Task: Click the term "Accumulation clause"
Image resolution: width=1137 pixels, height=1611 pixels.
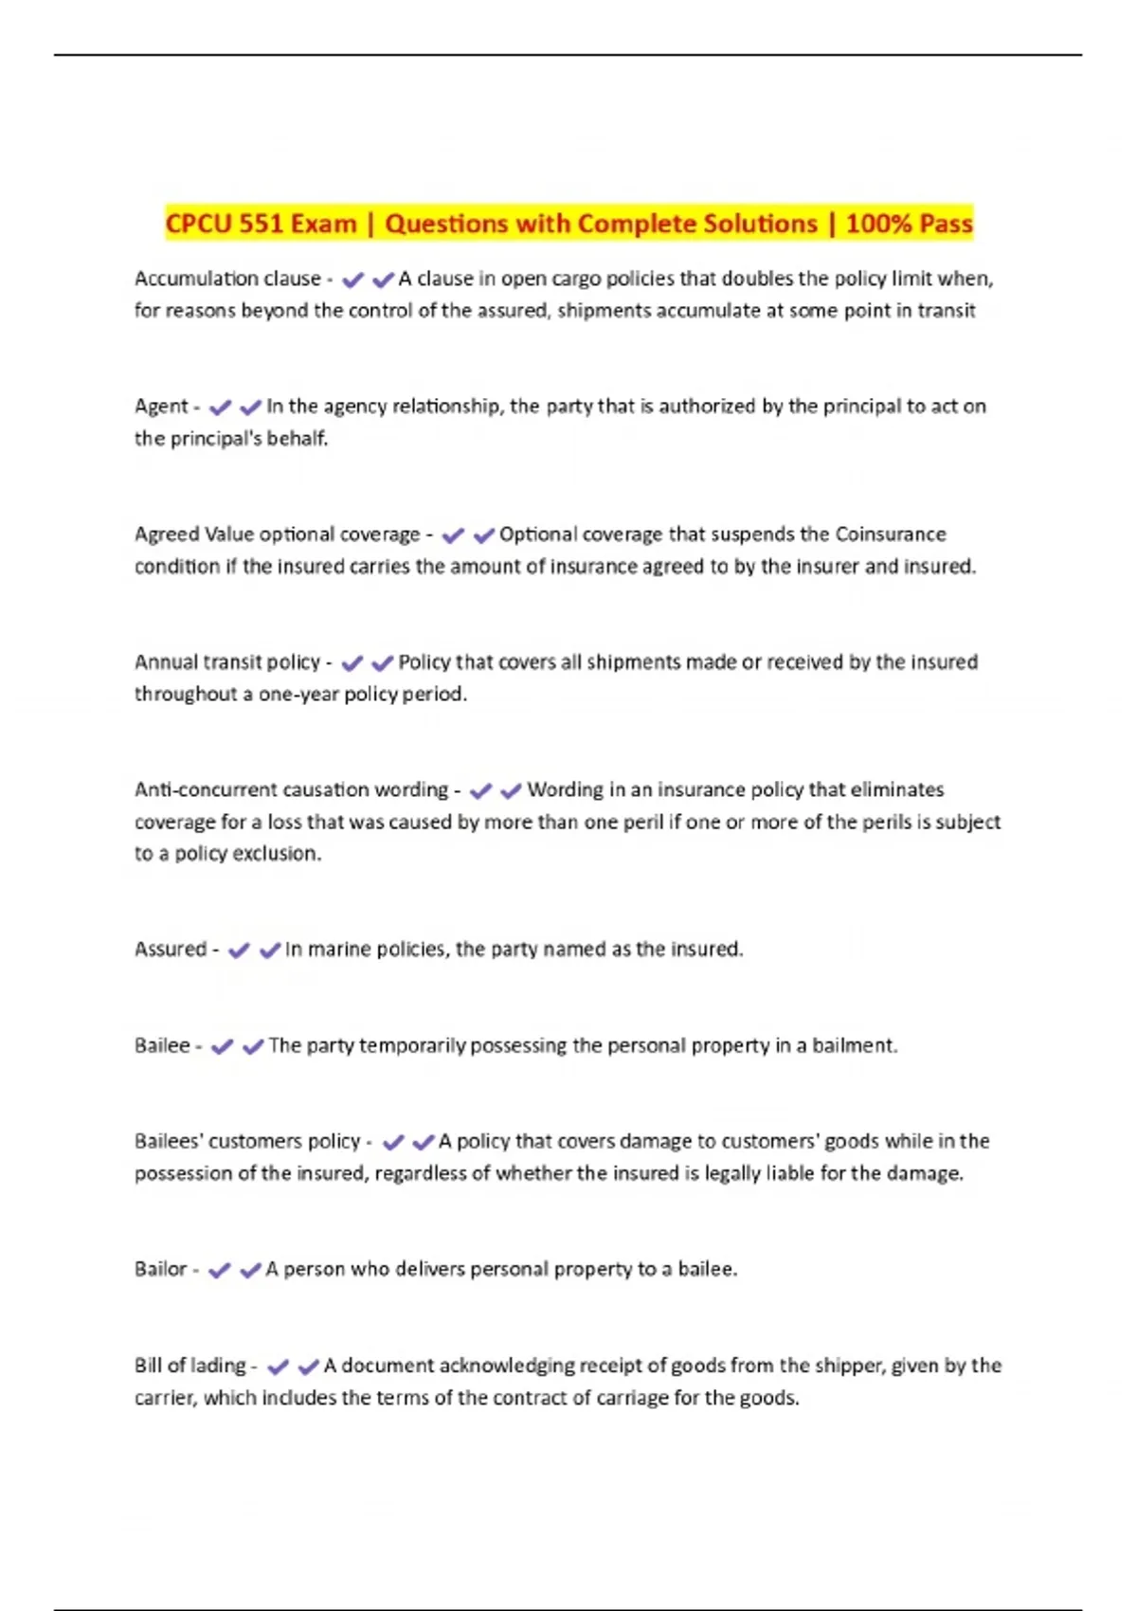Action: tap(227, 279)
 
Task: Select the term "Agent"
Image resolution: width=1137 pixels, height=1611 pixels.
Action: tap(161, 407)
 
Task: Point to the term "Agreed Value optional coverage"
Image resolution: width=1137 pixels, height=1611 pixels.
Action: tap(277, 534)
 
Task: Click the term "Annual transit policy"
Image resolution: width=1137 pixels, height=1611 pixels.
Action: tap(227, 662)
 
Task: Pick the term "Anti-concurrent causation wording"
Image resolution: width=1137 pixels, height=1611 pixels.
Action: tap(291, 789)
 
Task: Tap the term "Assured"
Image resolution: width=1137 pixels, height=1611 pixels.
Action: tap(171, 949)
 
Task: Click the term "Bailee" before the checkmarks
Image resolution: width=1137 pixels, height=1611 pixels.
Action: tap(162, 1045)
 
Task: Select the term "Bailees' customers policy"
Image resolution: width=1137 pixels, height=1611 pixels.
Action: tap(247, 1141)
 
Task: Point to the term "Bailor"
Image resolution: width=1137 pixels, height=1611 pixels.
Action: tap(160, 1269)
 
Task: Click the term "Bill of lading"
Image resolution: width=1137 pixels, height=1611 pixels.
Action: tap(189, 1366)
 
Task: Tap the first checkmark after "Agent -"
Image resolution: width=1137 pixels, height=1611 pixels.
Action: tap(220, 407)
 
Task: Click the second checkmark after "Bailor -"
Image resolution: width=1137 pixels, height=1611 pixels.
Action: tap(250, 1271)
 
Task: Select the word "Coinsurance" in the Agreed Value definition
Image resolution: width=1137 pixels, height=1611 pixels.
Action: tap(890, 534)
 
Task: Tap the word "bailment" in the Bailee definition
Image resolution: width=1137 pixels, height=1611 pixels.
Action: tap(853, 1045)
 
